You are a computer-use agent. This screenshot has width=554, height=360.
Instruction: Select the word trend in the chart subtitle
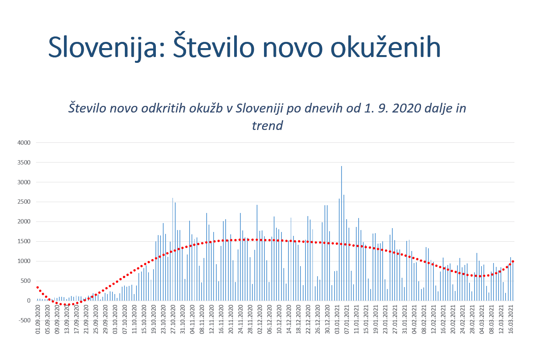(267, 125)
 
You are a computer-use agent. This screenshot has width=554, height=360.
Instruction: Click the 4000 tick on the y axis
(24, 143)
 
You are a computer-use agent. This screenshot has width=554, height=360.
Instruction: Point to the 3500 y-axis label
(24, 163)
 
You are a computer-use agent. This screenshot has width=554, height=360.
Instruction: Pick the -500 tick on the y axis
(24, 320)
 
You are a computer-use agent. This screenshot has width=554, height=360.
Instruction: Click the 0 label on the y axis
(28, 301)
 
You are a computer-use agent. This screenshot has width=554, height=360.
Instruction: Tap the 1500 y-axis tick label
(24, 241)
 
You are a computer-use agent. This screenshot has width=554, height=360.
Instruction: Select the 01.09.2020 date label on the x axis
(38, 319)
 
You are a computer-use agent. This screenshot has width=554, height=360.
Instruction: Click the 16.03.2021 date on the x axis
(511, 319)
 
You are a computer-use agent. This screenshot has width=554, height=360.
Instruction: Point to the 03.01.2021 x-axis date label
(337, 319)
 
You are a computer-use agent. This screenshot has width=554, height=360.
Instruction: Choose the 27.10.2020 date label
(173, 319)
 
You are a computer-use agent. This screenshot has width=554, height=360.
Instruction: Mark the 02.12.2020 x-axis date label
(260, 319)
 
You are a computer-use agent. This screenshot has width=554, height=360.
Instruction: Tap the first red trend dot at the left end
(38, 287)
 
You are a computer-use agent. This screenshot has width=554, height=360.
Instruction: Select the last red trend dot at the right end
(513, 261)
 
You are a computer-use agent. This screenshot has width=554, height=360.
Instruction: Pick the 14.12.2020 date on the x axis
(289, 319)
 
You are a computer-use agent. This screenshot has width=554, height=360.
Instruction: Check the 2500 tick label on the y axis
(24, 202)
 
